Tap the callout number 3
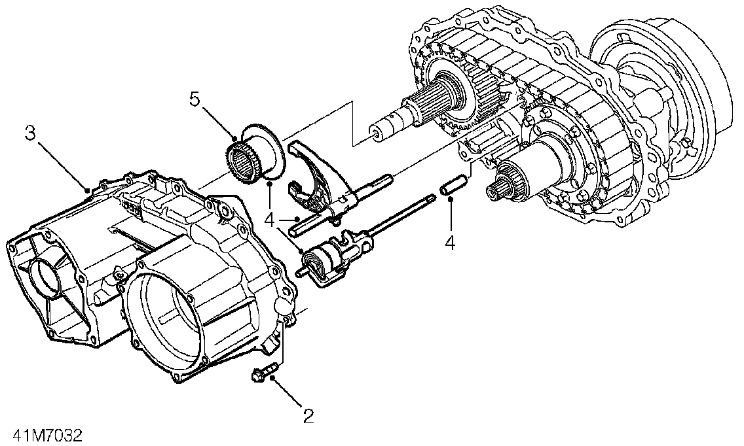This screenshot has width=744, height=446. [31, 133]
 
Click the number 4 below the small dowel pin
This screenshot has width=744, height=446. [449, 243]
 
